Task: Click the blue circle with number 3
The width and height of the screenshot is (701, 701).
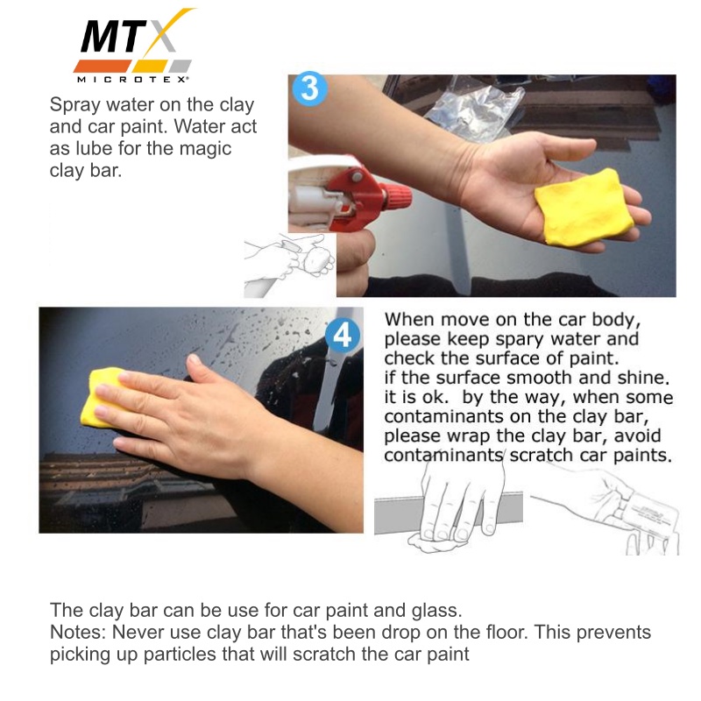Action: (310, 89)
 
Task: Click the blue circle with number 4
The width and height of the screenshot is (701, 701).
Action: (343, 335)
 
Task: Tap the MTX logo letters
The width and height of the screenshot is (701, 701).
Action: (130, 37)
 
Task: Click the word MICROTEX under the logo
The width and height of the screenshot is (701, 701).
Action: (132, 80)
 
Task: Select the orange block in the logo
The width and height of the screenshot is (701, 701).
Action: (103, 66)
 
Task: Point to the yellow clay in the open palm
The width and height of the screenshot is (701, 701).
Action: (584, 208)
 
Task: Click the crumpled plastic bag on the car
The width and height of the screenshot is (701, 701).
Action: (474, 108)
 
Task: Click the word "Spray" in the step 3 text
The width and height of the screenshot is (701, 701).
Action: (75, 105)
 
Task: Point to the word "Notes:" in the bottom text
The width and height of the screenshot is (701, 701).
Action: (78, 632)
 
